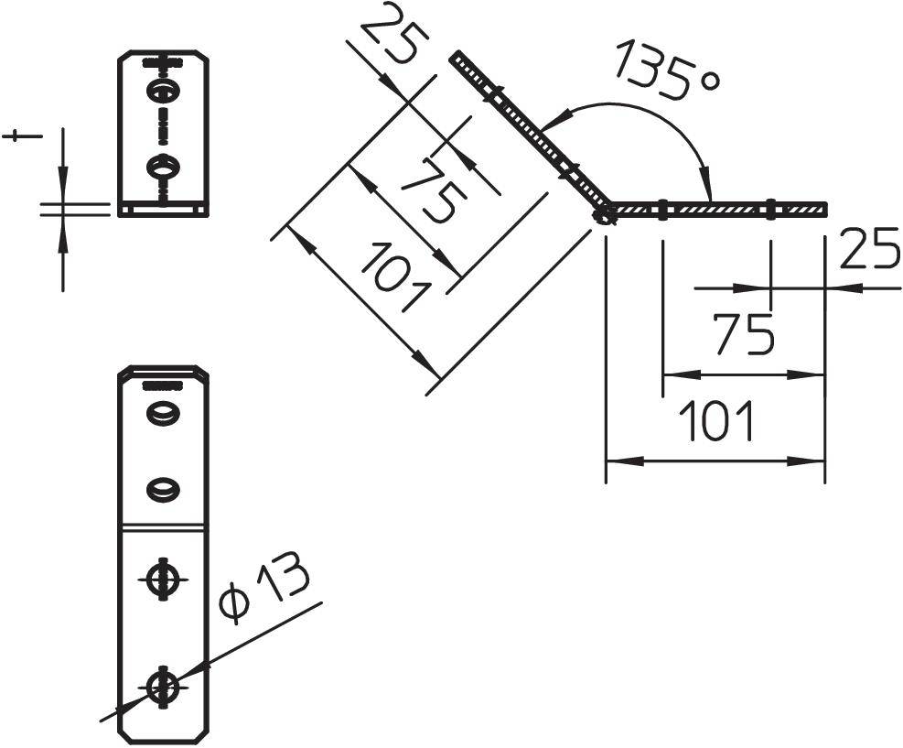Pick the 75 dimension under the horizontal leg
point(743,334)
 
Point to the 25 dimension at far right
point(868,250)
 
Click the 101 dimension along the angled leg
point(393,276)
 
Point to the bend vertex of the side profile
point(604,214)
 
